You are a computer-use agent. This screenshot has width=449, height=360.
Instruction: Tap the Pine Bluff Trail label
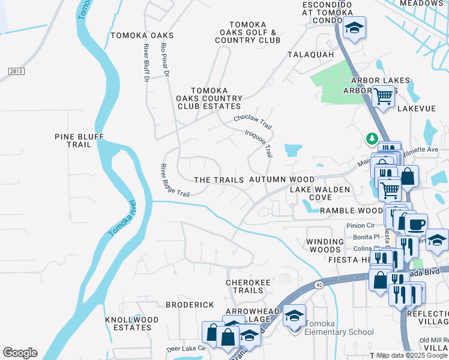(x=79, y=141)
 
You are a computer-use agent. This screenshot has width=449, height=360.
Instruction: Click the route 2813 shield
(x=17, y=71)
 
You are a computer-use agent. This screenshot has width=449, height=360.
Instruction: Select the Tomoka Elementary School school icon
(x=294, y=316)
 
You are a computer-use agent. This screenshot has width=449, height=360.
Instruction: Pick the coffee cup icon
(x=415, y=224)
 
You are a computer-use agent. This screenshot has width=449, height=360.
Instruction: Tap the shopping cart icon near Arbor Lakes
(x=382, y=95)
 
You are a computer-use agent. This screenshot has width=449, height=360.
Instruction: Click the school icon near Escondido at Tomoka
(x=354, y=28)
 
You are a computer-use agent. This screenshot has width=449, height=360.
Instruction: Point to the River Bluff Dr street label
(x=146, y=63)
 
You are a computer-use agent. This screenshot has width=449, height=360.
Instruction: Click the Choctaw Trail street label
(x=253, y=122)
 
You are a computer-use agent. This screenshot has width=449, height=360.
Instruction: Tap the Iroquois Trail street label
(x=259, y=142)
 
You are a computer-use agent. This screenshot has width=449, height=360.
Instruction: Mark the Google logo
(x=20, y=353)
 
